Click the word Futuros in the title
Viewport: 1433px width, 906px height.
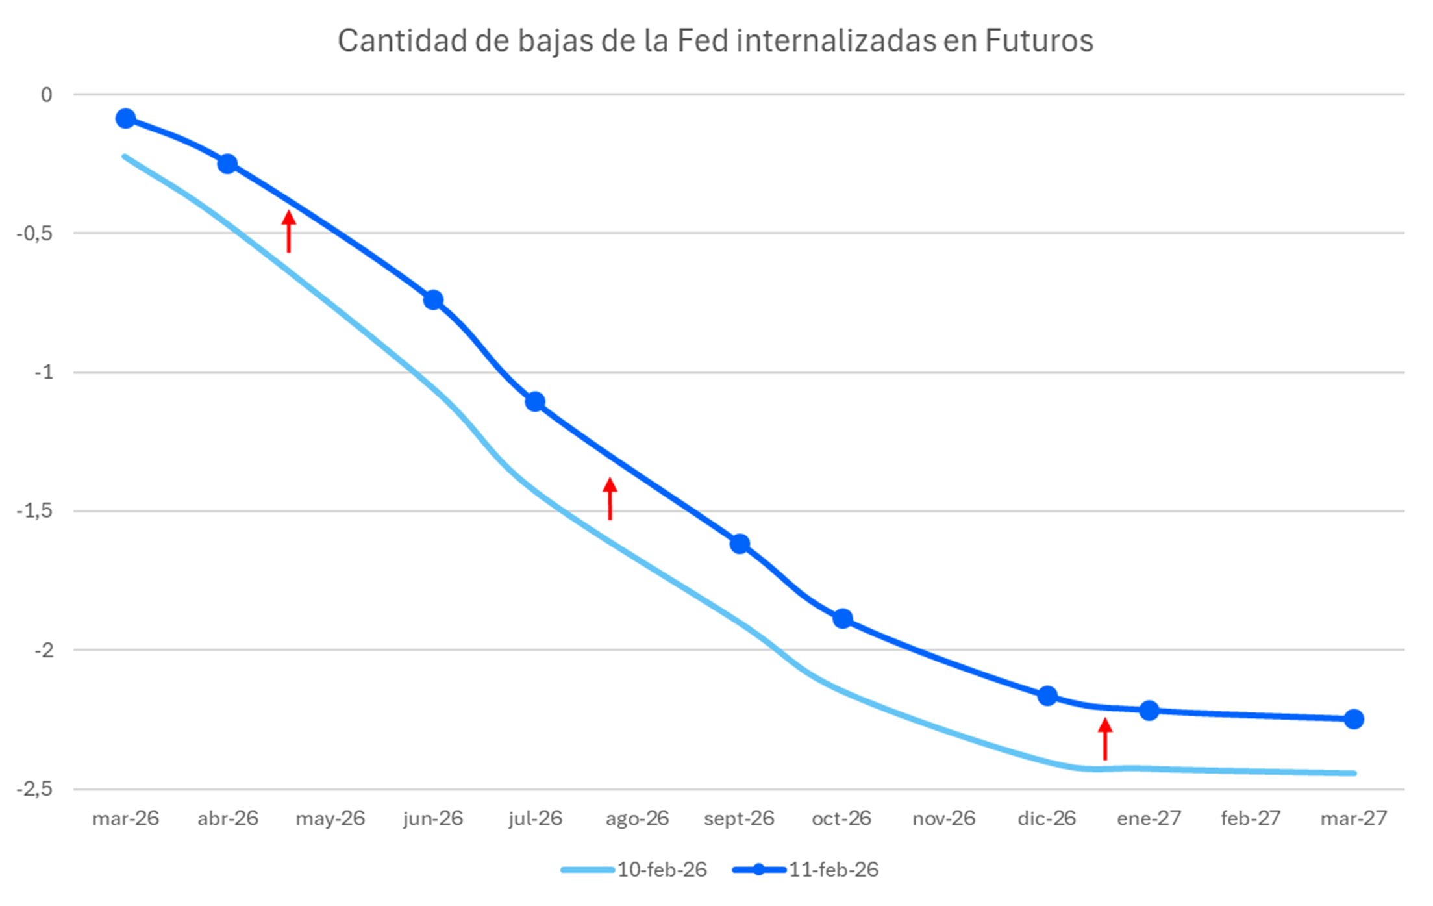1039,41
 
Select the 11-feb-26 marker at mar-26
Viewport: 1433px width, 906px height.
125,118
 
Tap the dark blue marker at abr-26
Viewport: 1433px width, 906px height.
227,164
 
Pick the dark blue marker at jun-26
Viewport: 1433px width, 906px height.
433,300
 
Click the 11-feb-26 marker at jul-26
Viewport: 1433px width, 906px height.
535,402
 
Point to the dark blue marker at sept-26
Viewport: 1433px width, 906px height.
740,544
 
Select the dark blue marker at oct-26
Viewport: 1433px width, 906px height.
843,618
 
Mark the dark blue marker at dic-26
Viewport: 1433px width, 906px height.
1047,696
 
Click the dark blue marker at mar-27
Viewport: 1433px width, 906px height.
1354,719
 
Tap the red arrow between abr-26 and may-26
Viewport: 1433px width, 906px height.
289,231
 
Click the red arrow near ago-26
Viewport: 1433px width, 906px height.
610,498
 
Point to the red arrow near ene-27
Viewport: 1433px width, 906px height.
1105,738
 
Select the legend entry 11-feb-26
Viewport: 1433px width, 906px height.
833,870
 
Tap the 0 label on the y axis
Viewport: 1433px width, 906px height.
46,95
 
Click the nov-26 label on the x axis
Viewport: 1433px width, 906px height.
943,818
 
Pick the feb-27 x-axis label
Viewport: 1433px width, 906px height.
1250,818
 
